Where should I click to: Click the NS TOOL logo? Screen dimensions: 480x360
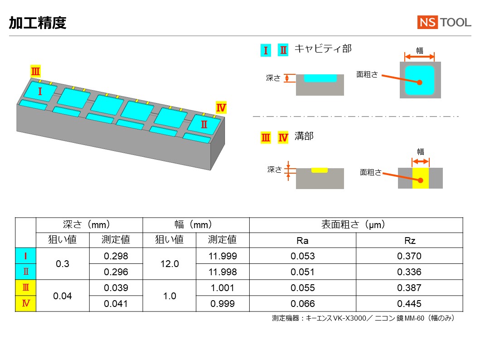point(444,22)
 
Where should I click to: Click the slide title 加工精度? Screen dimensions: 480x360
point(38,23)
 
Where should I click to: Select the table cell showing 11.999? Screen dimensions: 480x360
point(223,256)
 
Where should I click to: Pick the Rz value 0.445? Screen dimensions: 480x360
point(409,304)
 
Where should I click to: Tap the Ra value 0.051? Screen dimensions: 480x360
point(303,272)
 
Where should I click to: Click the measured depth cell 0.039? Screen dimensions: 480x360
point(116,288)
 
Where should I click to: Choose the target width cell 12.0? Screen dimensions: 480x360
point(170,264)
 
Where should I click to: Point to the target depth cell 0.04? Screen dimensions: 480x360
point(63,296)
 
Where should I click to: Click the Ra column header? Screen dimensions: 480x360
point(303,241)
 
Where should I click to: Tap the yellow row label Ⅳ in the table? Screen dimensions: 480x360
point(26,304)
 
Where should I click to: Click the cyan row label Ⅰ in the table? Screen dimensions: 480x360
point(26,256)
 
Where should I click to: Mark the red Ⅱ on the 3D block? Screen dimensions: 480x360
point(204,124)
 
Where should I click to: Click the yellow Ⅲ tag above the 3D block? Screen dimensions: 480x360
point(35,71)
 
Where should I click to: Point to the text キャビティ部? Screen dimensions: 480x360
point(323,49)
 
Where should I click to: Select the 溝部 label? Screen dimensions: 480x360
point(304,136)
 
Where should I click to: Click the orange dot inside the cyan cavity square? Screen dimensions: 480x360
point(420,83)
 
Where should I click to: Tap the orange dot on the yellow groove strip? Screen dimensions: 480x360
point(421,180)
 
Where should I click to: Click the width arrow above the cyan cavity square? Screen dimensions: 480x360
point(419,56)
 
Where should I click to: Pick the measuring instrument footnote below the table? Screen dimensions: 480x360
point(364,318)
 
